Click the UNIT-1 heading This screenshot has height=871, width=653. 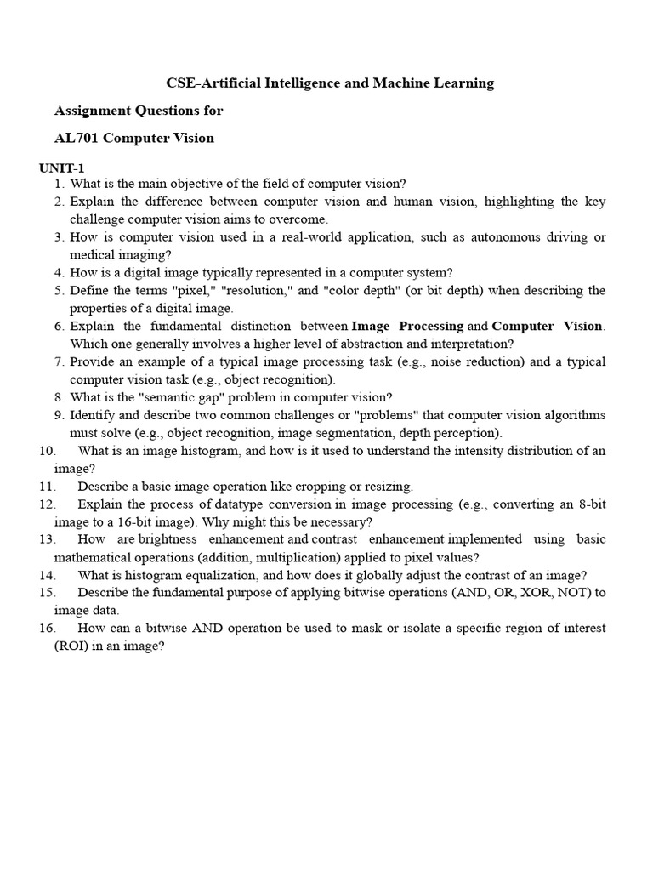(x=61, y=168)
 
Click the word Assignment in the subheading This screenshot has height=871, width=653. (x=93, y=111)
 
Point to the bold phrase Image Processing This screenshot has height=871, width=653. (x=407, y=326)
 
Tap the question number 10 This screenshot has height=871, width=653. (x=47, y=451)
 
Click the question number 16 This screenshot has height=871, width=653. (x=47, y=629)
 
